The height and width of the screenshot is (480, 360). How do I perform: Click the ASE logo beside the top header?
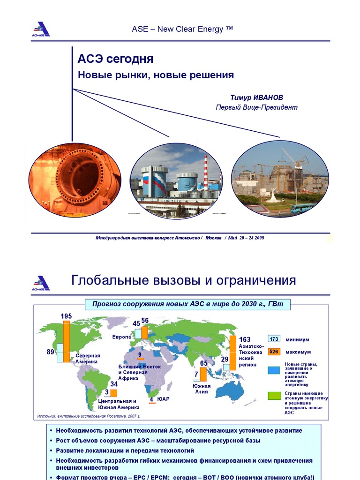(41, 29)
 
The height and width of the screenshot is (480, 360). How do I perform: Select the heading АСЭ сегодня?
(115, 60)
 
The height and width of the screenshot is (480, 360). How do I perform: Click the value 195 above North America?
(66, 316)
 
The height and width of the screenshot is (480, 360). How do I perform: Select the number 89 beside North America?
(51, 352)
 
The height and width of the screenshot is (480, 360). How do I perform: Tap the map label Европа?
(121, 337)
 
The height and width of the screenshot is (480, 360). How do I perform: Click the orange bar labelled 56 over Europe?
(144, 332)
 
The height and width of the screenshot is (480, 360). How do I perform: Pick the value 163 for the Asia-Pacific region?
(245, 339)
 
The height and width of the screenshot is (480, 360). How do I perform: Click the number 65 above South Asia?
(203, 363)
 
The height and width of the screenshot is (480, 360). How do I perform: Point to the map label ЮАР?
(163, 399)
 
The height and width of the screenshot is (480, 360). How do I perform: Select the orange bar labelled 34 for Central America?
(113, 393)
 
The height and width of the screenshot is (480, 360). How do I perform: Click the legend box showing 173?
(274, 339)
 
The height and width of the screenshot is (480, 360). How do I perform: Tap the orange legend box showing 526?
(274, 352)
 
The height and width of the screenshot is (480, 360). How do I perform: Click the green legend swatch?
(274, 395)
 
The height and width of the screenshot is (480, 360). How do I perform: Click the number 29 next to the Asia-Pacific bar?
(225, 359)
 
